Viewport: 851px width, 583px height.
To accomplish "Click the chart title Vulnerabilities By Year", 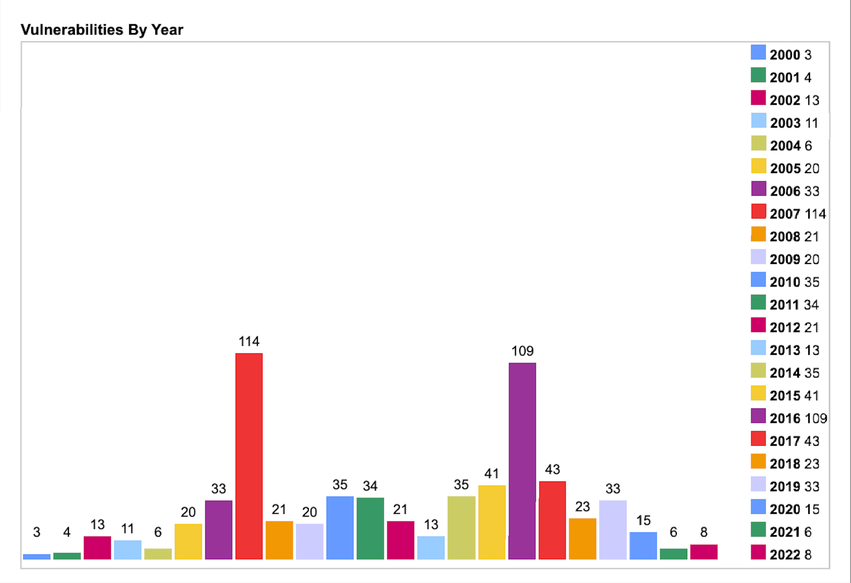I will [102, 30].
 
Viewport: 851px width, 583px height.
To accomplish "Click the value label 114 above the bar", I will [249, 342].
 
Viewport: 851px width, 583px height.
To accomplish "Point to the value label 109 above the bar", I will [522, 351].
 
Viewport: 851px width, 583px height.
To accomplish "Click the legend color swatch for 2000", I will [758, 52].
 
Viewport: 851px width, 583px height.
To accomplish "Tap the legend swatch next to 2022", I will [758, 552].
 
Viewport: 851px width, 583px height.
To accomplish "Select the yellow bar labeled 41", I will [492, 522].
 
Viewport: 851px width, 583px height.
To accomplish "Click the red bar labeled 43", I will [552, 520].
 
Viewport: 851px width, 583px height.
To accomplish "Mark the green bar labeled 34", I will [370, 528].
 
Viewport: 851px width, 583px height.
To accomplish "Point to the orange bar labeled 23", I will [582, 538].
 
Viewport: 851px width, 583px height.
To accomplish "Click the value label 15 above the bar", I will [643, 521].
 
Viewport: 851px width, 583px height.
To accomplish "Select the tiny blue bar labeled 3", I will [37, 556].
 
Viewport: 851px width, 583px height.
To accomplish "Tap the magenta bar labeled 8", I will [703, 552].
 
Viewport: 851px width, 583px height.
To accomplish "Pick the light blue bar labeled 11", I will [127, 549].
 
